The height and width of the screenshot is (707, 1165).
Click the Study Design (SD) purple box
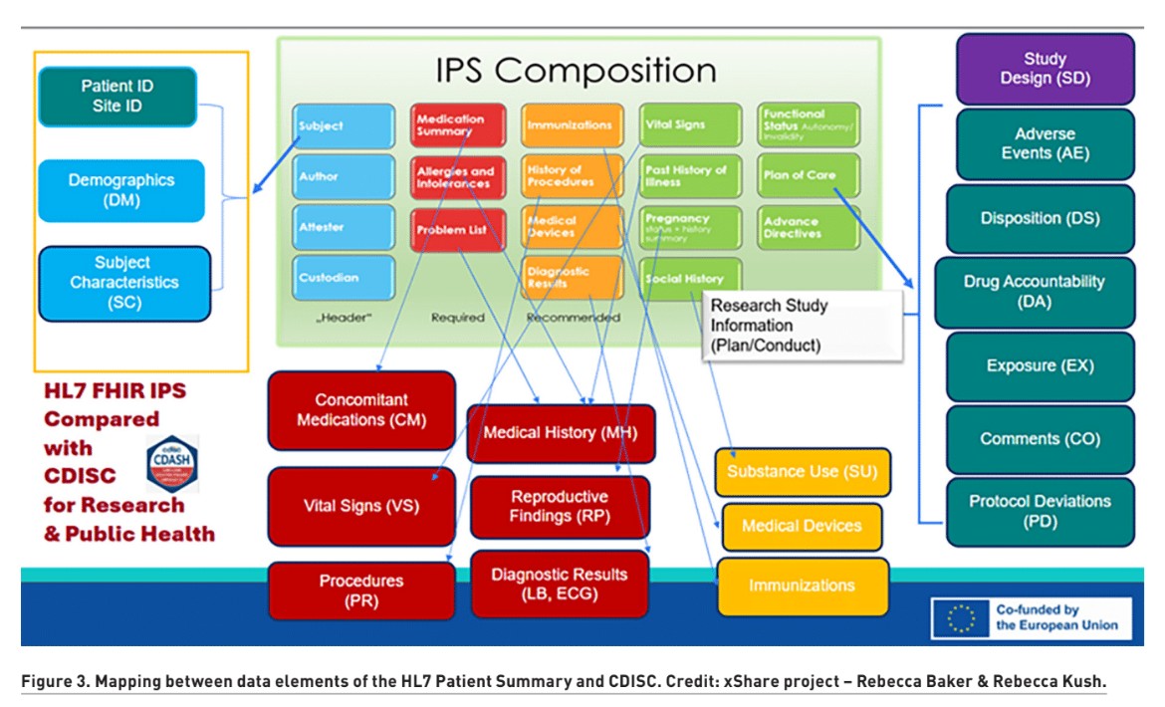[x=1045, y=69]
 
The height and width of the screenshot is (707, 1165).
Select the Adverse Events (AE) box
[x=1045, y=143]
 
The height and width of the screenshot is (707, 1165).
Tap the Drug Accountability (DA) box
[x=1034, y=292]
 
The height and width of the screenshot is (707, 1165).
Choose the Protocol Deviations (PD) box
[x=1040, y=512]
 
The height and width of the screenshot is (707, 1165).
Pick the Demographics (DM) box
[x=121, y=190]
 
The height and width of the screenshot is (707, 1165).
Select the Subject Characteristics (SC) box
[x=123, y=283]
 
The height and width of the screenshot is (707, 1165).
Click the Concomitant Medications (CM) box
[x=360, y=410]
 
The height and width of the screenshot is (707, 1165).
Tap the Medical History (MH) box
[x=560, y=433]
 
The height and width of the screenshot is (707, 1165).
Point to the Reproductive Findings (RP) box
[x=560, y=507]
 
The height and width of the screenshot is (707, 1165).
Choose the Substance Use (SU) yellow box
[x=802, y=472]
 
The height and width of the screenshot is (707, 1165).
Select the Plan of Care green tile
[x=806, y=175]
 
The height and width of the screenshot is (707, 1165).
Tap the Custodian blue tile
[x=343, y=278]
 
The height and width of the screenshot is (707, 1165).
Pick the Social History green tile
[x=690, y=279]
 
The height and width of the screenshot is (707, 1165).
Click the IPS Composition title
[x=576, y=71]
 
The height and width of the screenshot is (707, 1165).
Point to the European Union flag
[x=961, y=618]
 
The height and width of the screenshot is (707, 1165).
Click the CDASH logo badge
[x=171, y=463]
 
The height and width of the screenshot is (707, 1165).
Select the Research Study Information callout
[x=802, y=326]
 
